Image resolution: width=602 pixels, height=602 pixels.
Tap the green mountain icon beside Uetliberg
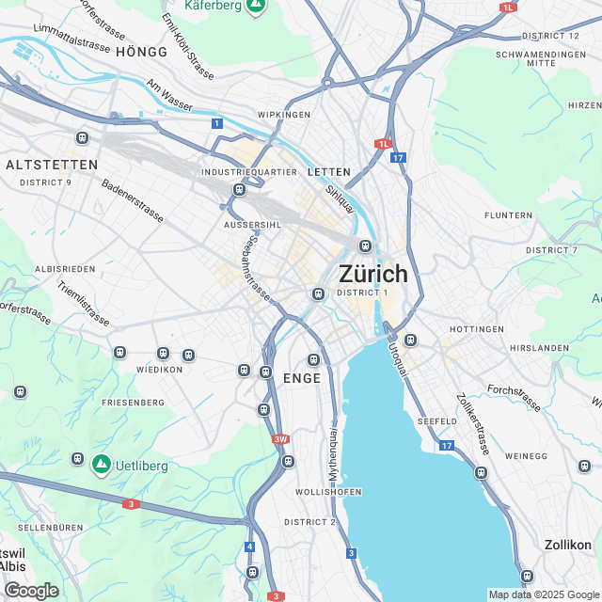coord(101,463)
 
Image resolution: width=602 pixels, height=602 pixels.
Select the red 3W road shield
coord(279,439)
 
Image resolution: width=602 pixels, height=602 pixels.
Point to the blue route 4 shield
coord(249,547)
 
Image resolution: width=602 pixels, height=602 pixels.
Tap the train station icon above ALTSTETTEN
coord(82,138)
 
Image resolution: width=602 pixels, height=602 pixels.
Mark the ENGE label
coord(301,378)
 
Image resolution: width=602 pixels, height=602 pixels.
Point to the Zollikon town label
coord(568,545)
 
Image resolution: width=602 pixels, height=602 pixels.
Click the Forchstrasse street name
coord(514,398)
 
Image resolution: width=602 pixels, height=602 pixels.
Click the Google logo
coord(31,591)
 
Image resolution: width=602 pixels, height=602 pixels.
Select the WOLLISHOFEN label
coord(328,493)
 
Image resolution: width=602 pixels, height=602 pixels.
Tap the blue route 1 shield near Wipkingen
coord(217,123)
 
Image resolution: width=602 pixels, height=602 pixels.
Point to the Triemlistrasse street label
coord(83,304)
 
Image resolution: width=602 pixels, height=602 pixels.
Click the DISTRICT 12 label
coord(550,36)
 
